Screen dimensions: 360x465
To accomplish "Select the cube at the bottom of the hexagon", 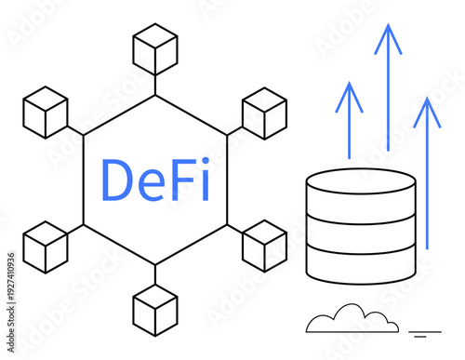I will (155, 311).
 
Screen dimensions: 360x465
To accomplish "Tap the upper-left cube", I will (46, 112).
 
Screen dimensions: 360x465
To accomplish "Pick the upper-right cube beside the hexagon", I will (264, 113).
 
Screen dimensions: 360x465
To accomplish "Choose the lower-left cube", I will (46, 247).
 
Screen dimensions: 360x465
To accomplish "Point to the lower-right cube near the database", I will (264, 246).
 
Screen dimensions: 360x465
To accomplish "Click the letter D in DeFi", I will (118, 180).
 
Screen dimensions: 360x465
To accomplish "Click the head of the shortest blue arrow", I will (349, 94).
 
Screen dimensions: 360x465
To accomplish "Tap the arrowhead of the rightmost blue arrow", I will (427, 109).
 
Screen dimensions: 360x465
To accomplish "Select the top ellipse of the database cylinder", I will (360, 182).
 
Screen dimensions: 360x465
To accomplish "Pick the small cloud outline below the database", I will (352, 319).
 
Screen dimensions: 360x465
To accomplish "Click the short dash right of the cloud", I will (425, 331).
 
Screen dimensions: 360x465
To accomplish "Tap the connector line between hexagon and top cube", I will (155, 85).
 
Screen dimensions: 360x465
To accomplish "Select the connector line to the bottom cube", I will (155, 275).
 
